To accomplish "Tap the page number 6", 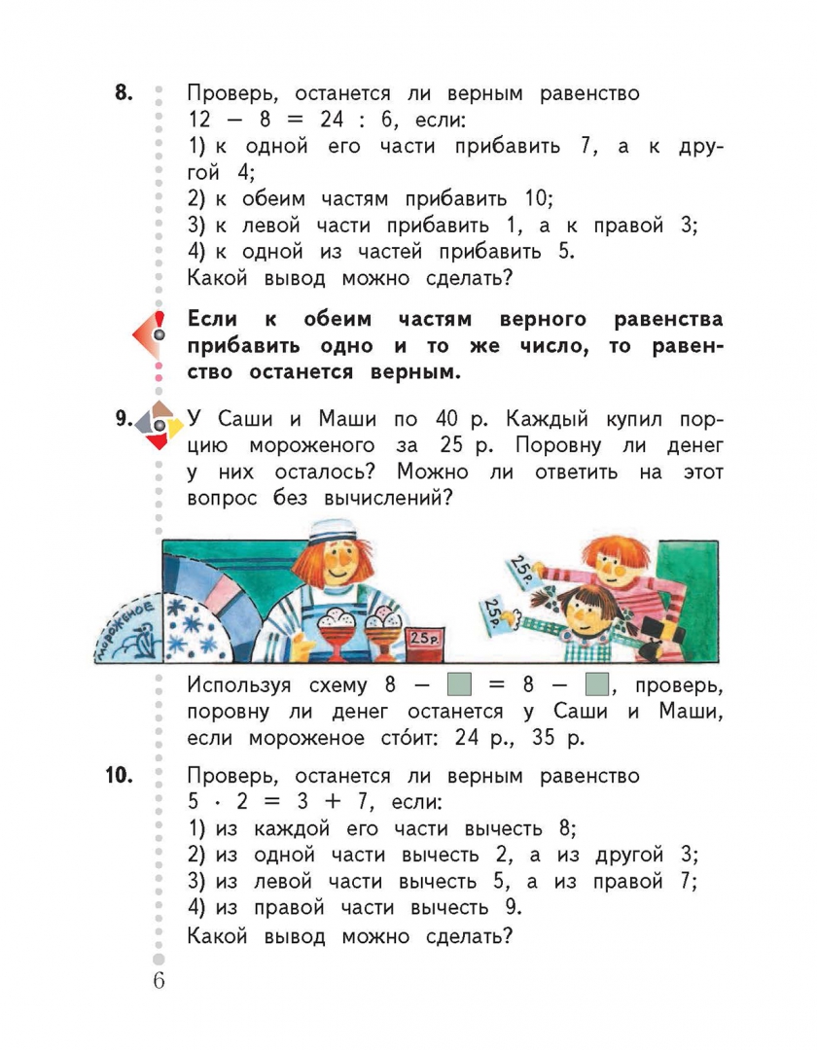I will [x=159, y=979].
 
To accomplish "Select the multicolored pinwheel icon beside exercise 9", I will [x=159, y=424].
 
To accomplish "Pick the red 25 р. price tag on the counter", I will [x=425, y=638].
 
